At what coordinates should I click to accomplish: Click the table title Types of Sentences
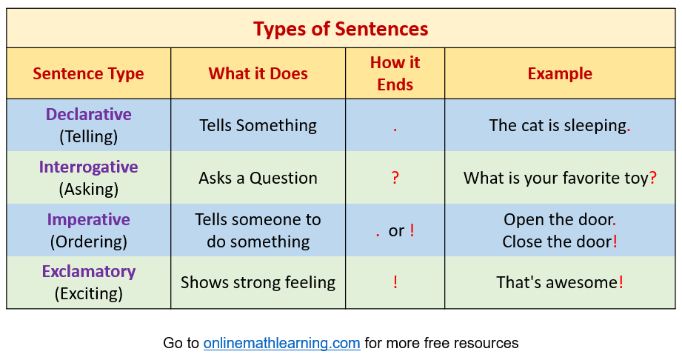pyautogui.click(x=341, y=29)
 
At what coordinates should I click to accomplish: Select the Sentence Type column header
pyautogui.click(x=88, y=73)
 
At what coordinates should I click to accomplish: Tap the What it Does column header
pyautogui.click(x=258, y=73)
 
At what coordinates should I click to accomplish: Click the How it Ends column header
pyautogui.click(x=395, y=73)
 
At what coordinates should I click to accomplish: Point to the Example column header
pyautogui.click(x=559, y=73)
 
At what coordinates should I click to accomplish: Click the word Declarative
pyautogui.click(x=88, y=115)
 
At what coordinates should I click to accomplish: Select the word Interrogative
pyautogui.click(x=88, y=167)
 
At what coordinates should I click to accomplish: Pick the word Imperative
pyautogui.click(x=88, y=220)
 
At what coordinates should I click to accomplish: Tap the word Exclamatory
pyautogui.click(x=88, y=272)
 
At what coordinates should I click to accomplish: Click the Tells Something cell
pyautogui.click(x=258, y=126)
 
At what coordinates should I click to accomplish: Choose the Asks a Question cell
pyautogui.click(x=258, y=179)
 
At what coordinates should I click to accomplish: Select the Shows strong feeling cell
pyautogui.click(x=258, y=282)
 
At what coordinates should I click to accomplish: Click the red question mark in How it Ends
pyautogui.click(x=395, y=178)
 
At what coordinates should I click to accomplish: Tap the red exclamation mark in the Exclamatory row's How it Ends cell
pyautogui.click(x=395, y=282)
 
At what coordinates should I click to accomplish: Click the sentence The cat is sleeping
pyautogui.click(x=559, y=126)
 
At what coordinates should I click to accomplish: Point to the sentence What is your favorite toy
pyautogui.click(x=559, y=179)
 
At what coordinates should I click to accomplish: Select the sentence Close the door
pyautogui.click(x=559, y=241)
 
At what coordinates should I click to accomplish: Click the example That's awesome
pyautogui.click(x=559, y=282)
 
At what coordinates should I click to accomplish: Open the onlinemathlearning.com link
pyautogui.click(x=281, y=343)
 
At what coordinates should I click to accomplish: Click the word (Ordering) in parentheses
pyautogui.click(x=88, y=241)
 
